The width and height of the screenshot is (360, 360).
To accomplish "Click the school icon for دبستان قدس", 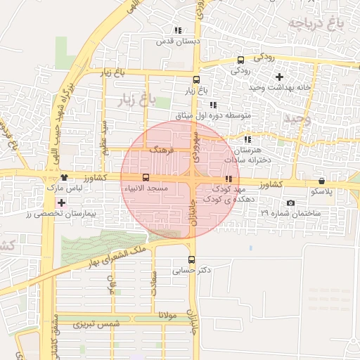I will pos(177,31).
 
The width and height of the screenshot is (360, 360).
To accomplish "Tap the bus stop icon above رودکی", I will pos(241,60).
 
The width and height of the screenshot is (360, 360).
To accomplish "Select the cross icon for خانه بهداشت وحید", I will pos(279,76).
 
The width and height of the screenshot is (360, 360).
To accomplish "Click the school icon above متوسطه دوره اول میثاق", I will pos(214,104).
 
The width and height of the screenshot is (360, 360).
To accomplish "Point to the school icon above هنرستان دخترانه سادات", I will pos(247,139).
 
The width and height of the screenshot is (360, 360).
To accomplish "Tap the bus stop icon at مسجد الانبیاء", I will pos(146,178).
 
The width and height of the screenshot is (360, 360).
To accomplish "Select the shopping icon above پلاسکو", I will pos(322,181).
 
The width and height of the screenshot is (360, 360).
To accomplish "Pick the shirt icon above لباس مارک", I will pos(64,178).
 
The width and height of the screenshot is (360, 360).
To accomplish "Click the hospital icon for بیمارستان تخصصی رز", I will pos(62,202).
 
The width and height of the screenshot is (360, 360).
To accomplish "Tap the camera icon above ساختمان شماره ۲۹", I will pos(290,202).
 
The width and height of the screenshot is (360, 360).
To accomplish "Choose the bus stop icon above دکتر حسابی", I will pos(192,259).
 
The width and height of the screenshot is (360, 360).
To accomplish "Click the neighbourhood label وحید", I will pos(297,119).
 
